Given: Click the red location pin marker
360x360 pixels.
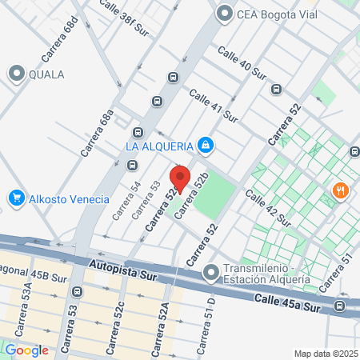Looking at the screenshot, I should point(180,178).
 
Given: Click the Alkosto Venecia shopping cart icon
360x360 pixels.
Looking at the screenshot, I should point(15,198).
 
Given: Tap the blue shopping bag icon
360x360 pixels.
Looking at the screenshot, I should point(206,145).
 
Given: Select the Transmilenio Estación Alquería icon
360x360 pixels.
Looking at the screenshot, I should point(211,272).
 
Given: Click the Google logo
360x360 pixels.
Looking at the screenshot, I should point(26,350).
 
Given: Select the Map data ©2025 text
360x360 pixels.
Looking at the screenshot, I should point(325,354).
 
